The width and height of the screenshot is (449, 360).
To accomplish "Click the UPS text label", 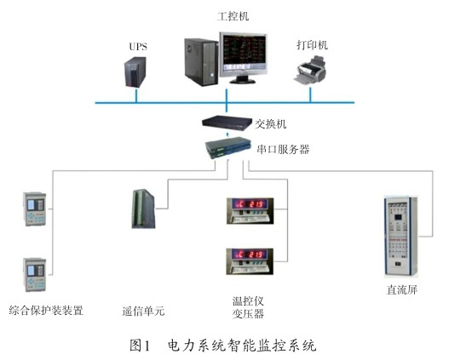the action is click(x=138, y=46).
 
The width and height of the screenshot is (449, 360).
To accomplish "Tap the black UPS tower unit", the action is click(x=135, y=72).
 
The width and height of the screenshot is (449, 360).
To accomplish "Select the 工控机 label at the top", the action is click(x=233, y=16).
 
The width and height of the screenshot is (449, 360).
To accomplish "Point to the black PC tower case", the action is click(x=201, y=62).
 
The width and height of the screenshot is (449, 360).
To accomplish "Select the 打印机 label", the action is click(x=312, y=45).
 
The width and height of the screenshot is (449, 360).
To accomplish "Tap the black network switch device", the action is click(x=227, y=123).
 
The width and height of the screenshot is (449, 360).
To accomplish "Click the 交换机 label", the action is click(x=271, y=124).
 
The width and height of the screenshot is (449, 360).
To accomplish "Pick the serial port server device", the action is click(x=228, y=147).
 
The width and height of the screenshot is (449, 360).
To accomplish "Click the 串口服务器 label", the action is click(x=283, y=149).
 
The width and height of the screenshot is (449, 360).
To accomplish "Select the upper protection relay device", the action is click(x=35, y=209).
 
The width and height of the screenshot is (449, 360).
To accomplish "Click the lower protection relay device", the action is click(x=35, y=275).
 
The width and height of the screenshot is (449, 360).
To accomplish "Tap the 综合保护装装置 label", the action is click(x=46, y=311).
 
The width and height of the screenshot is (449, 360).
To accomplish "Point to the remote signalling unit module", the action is click(x=143, y=209).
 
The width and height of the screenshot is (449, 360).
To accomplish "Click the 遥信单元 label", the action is click(x=143, y=311).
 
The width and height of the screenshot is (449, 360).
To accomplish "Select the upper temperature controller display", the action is click(x=250, y=211).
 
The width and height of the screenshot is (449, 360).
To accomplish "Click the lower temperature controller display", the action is click(x=250, y=261).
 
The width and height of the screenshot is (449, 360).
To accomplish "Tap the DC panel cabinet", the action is click(x=401, y=237).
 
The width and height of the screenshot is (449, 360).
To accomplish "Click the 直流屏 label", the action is click(x=402, y=290).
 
